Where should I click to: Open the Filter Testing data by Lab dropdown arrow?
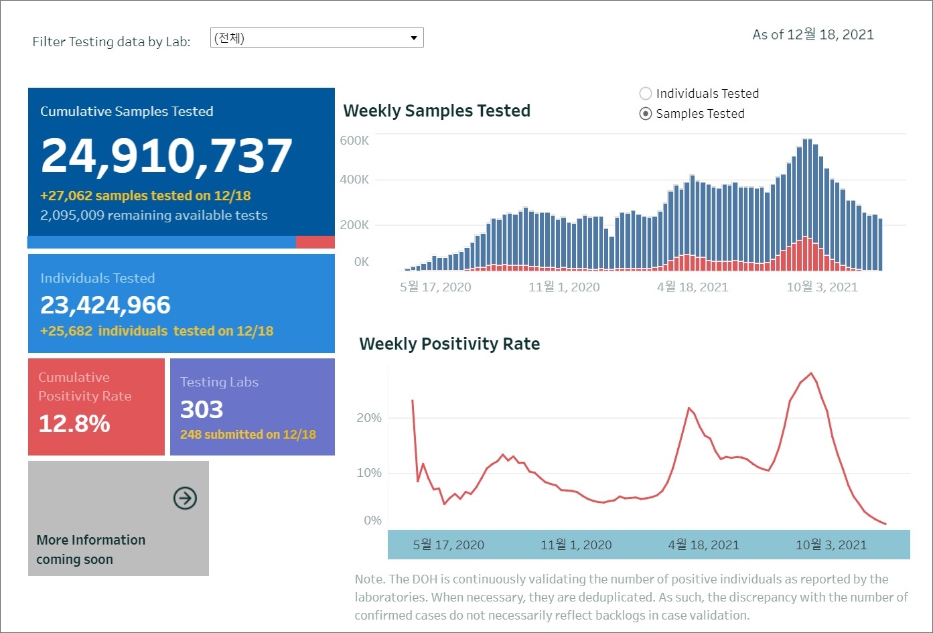pos(414,38)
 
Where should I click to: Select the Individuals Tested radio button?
pos(646,94)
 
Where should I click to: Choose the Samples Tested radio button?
pos(646,114)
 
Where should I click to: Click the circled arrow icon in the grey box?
pos(185,498)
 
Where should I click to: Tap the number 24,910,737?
pos(167,155)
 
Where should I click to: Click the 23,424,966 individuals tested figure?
pos(106,305)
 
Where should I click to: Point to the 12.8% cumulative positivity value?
pos(74,423)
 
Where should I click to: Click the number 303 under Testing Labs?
pos(202,409)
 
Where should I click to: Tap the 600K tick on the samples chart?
pos(354,141)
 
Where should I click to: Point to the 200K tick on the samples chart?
pos(354,225)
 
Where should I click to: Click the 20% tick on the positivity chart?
pos(369,418)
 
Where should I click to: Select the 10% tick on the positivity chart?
pos(369,473)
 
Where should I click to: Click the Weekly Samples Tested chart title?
pos(437,111)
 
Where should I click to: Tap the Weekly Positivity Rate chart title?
pos(449,344)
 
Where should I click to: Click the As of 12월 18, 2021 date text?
pos(813,35)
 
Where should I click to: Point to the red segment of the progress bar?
pos(315,242)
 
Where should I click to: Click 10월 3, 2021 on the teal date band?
pos(831,545)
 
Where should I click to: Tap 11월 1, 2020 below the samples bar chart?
pos(564,287)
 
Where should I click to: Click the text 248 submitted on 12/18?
pos(248,435)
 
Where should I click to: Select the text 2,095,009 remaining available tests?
pos(154,216)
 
